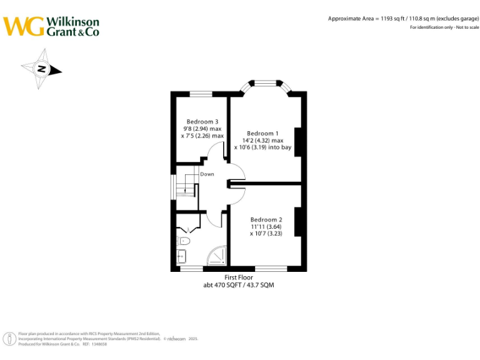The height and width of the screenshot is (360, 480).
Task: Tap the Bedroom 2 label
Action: click(266, 219)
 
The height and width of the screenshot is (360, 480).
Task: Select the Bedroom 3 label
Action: click(202, 121)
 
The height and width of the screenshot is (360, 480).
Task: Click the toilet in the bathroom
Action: click(184, 240)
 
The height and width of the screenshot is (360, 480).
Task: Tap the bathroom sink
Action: click(181, 254)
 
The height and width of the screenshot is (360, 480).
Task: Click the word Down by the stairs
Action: click(207, 174)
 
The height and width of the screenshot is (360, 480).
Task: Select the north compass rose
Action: click(41, 69)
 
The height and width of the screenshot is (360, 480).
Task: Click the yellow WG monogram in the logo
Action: click(23, 26)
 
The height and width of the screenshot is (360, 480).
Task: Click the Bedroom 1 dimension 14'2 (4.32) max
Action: click(262, 141)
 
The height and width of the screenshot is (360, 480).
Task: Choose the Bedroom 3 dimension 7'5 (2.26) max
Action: click(202, 136)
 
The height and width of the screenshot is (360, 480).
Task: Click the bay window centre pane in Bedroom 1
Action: click(268, 81)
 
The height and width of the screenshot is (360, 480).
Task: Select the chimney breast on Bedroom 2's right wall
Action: click(299, 222)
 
